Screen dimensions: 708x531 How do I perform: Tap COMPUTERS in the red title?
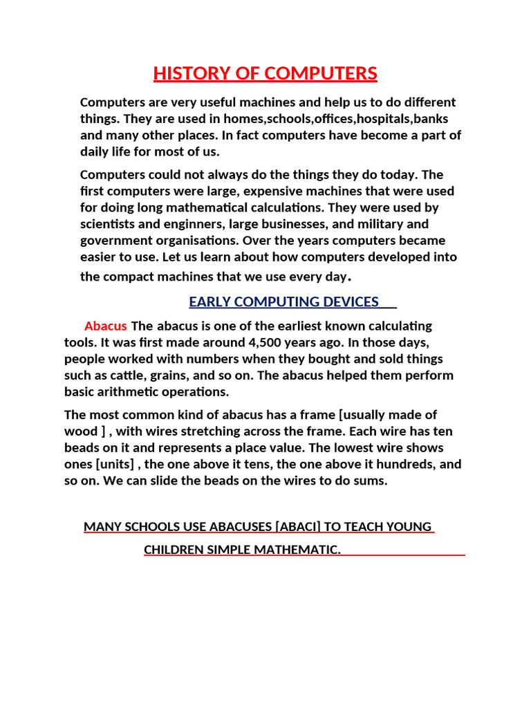pos(324,74)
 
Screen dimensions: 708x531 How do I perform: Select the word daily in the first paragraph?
pos(94,152)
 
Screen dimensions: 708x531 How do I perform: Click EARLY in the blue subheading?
pos(207,301)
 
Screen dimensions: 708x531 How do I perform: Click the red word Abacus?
pos(105,326)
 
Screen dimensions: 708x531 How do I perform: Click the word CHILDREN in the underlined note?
pos(174,550)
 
